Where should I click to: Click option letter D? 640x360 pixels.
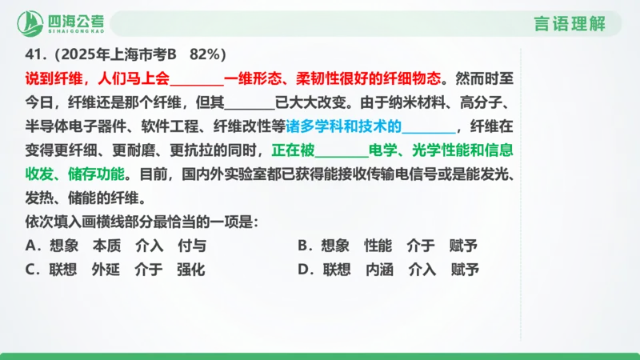tap(302, 270)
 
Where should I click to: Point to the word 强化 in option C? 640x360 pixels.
tap(192, 270)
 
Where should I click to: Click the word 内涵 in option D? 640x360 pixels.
tap(379, 270)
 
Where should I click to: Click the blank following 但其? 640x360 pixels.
tap(251, 103)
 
